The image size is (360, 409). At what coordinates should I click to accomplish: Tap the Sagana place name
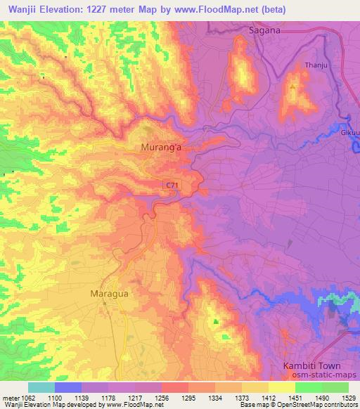click(265, 30)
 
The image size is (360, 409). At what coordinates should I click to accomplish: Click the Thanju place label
click(316, 65)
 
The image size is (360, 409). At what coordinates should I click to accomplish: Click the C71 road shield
click(172, 185)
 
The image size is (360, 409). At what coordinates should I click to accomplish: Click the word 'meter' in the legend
click(9, 397)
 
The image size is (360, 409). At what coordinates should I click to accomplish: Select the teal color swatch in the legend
click(41, 387)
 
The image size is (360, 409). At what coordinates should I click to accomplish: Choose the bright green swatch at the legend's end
click(335, 387)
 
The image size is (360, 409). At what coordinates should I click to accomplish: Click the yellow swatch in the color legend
click(282, 387)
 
